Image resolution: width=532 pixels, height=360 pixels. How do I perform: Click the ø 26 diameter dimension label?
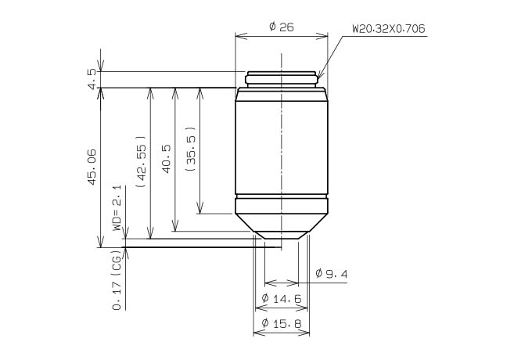(282, 27)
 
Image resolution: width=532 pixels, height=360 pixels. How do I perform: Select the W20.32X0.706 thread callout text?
(389, 29)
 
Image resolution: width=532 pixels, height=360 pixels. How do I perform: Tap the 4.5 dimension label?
(92, 80)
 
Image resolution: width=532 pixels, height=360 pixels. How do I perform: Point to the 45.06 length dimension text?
(92, 167)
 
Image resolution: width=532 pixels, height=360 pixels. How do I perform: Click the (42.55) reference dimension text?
(142, 162)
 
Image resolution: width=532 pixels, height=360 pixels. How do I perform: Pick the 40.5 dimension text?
(167, 159)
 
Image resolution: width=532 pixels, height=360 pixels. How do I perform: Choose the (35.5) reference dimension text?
(191, 149)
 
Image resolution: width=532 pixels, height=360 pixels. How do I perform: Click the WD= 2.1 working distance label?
(117, 208)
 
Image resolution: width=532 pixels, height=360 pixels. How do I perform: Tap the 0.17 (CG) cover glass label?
(117, 280)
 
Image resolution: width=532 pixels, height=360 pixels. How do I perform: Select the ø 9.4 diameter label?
(332, 274)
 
